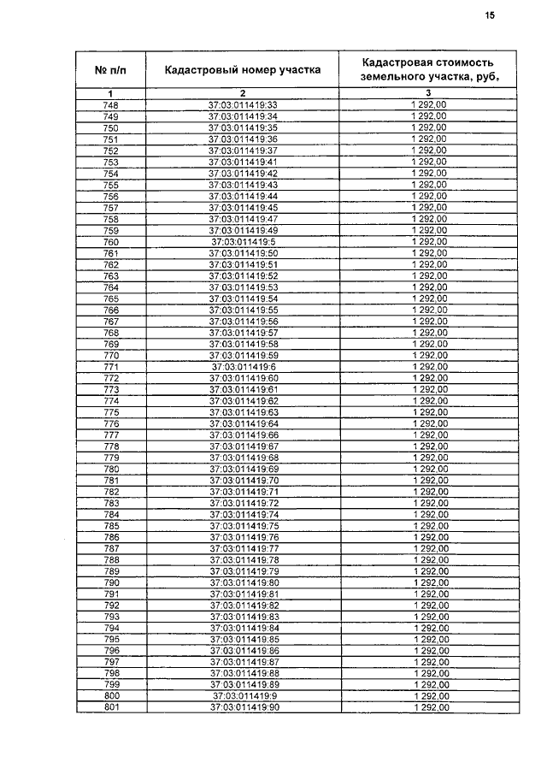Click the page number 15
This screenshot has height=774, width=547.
[x=490, y=15]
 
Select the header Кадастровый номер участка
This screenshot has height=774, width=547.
[x=243, y=70]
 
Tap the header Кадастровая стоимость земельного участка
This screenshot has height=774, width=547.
[x=428, y=69]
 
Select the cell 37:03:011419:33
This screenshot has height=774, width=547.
[x=244, y=105]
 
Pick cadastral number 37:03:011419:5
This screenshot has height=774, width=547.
[x=244, y=242]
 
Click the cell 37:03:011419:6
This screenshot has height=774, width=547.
[x=244, y=366]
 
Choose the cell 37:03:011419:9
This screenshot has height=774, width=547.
[x=244, y=696]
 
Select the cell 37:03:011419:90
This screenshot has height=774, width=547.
[x=244, y=707]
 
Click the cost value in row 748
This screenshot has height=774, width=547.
[x=429, y=105]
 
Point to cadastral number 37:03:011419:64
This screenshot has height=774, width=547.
[x=244, y=423]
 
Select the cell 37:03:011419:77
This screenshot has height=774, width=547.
[x=244, y=548]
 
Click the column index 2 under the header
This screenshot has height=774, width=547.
[x=243, y=92]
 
